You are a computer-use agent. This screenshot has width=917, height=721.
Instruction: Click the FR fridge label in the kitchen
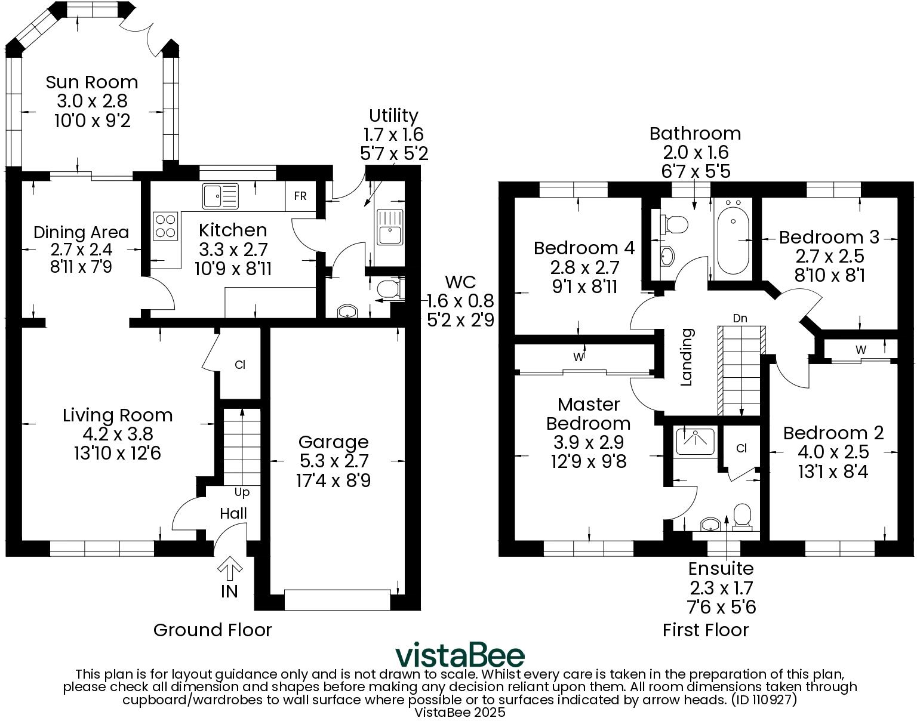300,196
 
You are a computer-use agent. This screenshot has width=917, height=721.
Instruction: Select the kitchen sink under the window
220,196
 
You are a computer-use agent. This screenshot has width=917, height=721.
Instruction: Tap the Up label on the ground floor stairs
242,492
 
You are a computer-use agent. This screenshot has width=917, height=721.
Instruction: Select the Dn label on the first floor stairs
740,319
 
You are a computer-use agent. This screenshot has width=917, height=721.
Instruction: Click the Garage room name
333,442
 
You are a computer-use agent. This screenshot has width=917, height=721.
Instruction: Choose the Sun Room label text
92,82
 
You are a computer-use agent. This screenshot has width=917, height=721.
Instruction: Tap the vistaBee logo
460,655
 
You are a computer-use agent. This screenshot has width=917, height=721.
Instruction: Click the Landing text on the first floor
687,357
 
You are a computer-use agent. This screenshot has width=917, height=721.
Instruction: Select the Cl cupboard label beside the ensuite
741,448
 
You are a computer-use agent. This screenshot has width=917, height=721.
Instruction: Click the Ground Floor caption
213,630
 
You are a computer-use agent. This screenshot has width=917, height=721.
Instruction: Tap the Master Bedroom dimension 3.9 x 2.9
588,442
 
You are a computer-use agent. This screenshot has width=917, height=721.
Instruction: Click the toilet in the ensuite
741,517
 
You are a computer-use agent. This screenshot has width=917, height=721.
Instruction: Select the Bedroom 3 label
829,237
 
